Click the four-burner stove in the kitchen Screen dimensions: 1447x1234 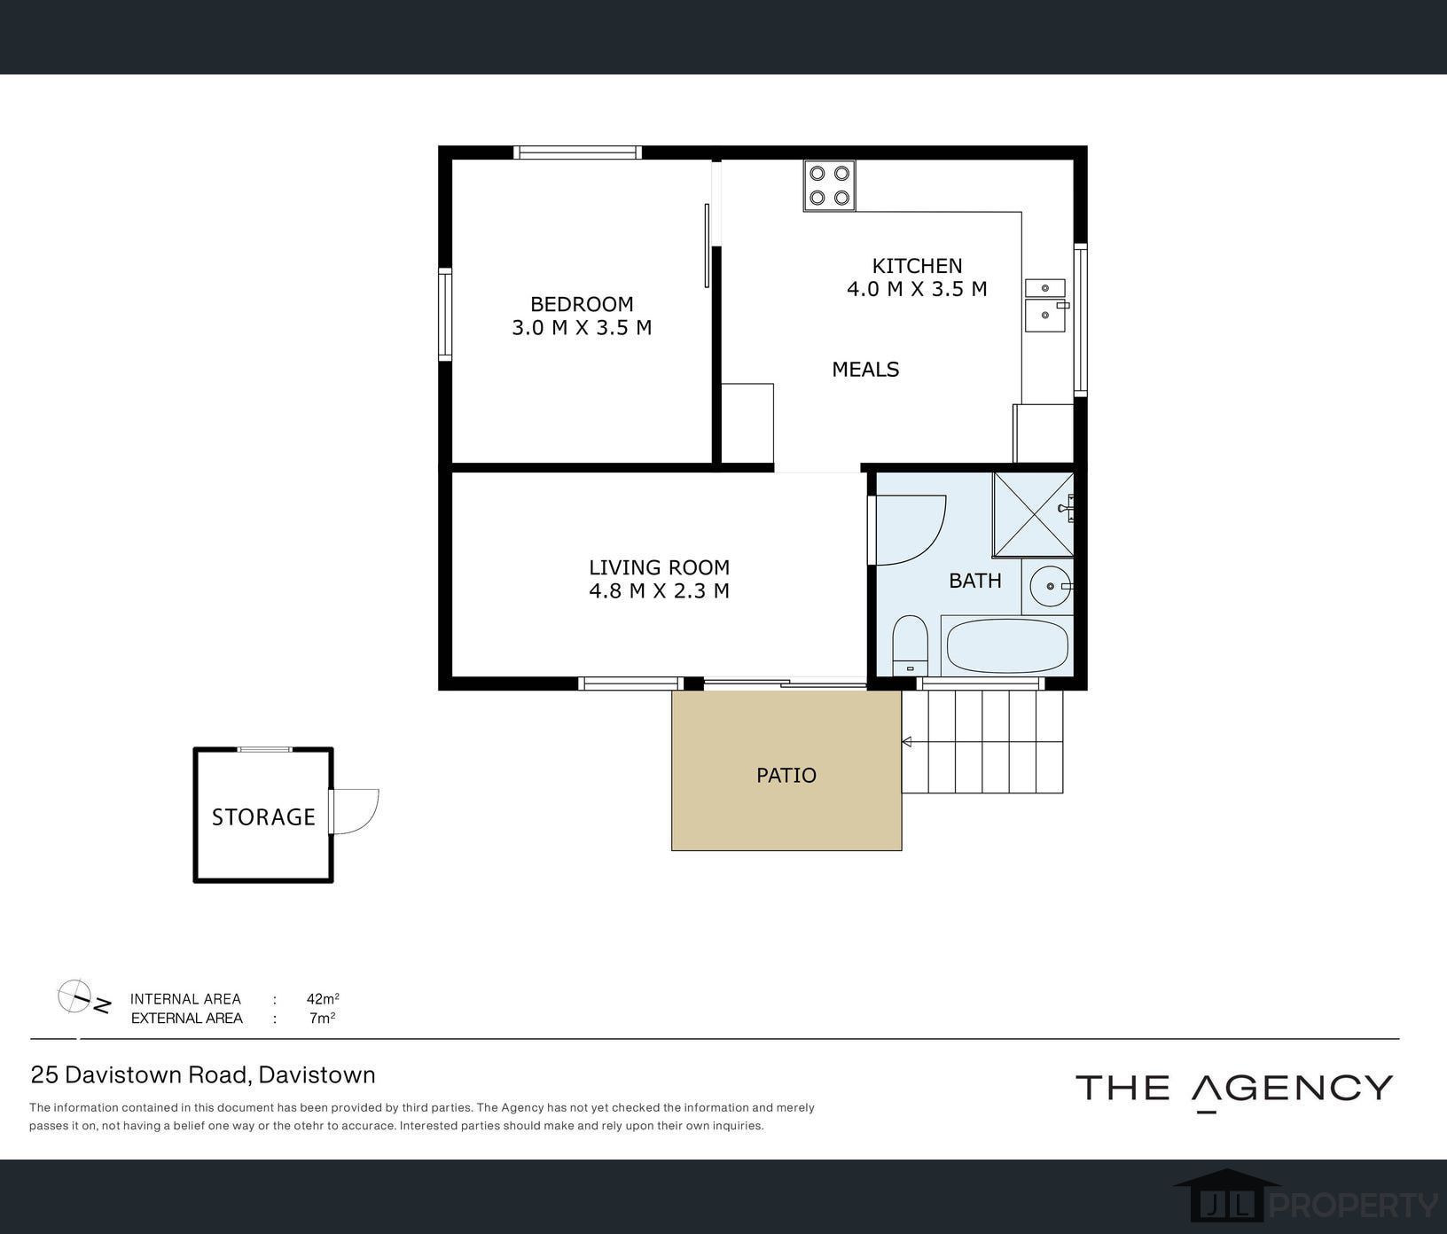(829, 185)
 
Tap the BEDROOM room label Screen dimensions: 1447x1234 (582, 304)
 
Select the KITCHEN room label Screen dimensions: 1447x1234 (917, 266)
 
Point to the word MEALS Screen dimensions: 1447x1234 (865, 370)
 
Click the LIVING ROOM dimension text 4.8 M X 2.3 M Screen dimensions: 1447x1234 (659, 591)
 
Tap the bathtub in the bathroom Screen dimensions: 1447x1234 (1006, 645)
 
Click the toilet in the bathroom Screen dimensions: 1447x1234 (910, 645)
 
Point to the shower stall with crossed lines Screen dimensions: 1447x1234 (1033, 515)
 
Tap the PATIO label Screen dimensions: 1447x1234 (786, 776)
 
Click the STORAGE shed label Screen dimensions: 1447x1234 (263, 817)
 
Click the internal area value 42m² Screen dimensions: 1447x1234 (323, 999)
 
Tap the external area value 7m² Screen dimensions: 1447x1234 (322, 1019)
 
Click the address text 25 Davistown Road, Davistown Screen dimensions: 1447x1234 (203, 1075)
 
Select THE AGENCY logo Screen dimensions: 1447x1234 (1234, 1090)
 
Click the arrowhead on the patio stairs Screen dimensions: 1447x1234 (907, 742)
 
